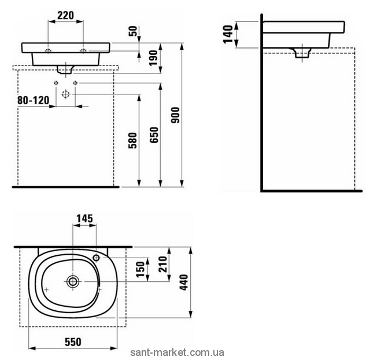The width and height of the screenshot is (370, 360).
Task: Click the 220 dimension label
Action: coord(65,16)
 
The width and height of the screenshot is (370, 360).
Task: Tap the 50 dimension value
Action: coord(133,31)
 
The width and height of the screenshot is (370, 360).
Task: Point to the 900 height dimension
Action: coord(175,115)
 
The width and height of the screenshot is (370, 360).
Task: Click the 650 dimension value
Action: coord(154,135)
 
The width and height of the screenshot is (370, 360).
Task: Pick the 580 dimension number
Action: coord(132,141)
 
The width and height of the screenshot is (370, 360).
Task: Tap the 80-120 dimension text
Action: coord(34,100)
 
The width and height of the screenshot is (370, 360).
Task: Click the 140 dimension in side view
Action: coord(228,34)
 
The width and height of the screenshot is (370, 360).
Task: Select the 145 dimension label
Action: coord(85,219)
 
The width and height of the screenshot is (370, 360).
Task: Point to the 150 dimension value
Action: coord(140,269)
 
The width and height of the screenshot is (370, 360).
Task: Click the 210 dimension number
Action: coord(163,265)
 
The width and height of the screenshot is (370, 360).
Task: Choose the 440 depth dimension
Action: coord(184,282)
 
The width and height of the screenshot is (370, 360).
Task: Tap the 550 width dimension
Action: coord(73,342)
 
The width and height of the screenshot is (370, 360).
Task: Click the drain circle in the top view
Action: coord(73,281)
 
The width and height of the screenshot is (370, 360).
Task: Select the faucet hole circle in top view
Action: coord(96,258)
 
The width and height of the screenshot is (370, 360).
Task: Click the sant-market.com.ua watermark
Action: coord(177,352)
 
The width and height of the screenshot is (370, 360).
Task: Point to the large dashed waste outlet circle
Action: coord(65,94)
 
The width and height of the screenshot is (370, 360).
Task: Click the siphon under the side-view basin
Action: coord(302,53)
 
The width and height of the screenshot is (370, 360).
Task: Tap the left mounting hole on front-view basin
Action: coord(48,50)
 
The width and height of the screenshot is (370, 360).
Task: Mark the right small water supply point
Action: coord(75,83)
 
